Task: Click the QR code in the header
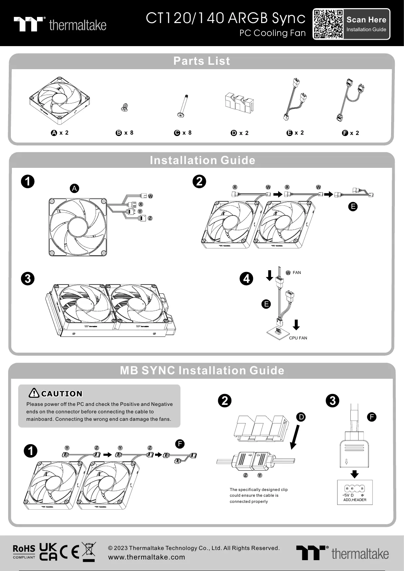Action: [x=328, y=24]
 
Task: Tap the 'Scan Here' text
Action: [x=366, y=20]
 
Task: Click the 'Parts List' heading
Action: [x=201, y=61]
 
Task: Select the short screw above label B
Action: [x=124, y=108]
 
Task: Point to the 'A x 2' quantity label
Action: [x=60, y=133]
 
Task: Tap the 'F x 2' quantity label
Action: [x=350, y=133]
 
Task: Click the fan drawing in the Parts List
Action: [x=61, y=100]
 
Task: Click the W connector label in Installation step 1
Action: [x=150, y=196]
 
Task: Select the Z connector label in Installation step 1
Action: [x=150, y=218]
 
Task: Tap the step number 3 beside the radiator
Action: [x=28, y=279]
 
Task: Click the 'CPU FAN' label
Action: [x=298, y=338]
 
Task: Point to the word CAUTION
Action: [x=62, y=394]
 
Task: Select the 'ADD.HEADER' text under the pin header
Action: [x=354, y=500]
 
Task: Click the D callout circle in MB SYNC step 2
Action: [x=301, y=417]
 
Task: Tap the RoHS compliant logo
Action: [x=24, y=551]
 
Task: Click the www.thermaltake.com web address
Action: [x=147, y=557]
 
